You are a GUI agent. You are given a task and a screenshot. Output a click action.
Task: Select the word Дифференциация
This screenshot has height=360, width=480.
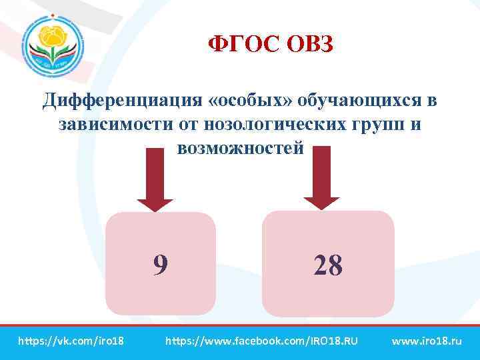click(121, 101)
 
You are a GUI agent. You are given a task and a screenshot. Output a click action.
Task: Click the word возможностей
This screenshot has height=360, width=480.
click(241, 147)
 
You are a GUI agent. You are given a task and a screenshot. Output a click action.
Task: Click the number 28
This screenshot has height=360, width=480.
click(327, 266)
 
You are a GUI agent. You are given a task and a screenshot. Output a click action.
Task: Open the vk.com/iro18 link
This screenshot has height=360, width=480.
click(71, 341)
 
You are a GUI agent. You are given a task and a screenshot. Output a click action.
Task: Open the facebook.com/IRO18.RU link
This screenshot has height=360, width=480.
click(261, 341)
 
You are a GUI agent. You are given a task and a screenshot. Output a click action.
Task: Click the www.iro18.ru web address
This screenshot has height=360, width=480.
click(427, 341)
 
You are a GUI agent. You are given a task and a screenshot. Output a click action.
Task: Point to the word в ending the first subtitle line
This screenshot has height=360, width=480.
click(431, 101)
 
